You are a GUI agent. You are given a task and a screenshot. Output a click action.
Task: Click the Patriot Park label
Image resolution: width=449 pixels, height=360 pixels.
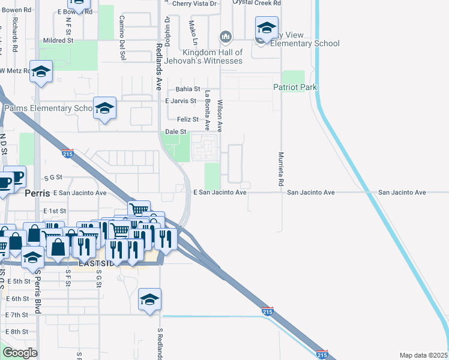coord(303,88)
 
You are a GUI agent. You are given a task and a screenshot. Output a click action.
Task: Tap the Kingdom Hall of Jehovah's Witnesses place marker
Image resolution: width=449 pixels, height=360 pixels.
coord(226,37)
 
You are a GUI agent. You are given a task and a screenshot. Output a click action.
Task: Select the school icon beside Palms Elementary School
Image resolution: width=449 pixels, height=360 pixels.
coord(104,109)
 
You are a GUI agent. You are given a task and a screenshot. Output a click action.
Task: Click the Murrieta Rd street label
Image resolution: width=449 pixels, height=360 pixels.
coord(280,167)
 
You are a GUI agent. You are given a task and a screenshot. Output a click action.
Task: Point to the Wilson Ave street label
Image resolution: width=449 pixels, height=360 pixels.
coord(220,116)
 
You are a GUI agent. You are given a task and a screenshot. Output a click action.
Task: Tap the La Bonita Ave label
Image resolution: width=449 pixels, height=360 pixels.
coord(207,110)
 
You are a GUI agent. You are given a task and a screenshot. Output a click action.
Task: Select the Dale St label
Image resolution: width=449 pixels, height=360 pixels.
coord(176,132)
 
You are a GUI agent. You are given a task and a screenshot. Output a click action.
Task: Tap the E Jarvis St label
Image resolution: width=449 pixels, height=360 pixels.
coord(181,101)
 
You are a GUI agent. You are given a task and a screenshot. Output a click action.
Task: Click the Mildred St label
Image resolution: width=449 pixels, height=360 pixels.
coord(58,41)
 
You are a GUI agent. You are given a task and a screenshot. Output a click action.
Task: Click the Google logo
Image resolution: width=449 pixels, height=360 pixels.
coord(20,353)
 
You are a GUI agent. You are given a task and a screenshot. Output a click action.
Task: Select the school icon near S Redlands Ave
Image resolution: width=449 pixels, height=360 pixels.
coord(149,299)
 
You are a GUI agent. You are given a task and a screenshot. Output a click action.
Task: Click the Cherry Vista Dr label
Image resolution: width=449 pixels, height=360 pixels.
coord(194,3)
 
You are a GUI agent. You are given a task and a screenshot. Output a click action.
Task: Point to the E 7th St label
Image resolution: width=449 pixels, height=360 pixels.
coord(17,315)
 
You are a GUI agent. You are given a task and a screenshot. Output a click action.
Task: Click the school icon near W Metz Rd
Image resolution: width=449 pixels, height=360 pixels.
coord(40,73)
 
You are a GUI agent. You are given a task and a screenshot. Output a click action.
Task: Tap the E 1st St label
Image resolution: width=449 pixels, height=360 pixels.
coord(55,211)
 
